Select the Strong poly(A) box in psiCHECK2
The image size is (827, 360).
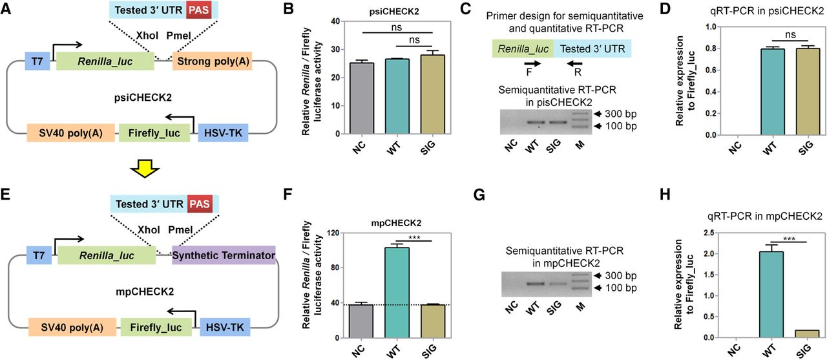pos(211,61)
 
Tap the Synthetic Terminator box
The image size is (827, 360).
pos(224,256)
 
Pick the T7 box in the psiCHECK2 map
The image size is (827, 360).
pos(37,61)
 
